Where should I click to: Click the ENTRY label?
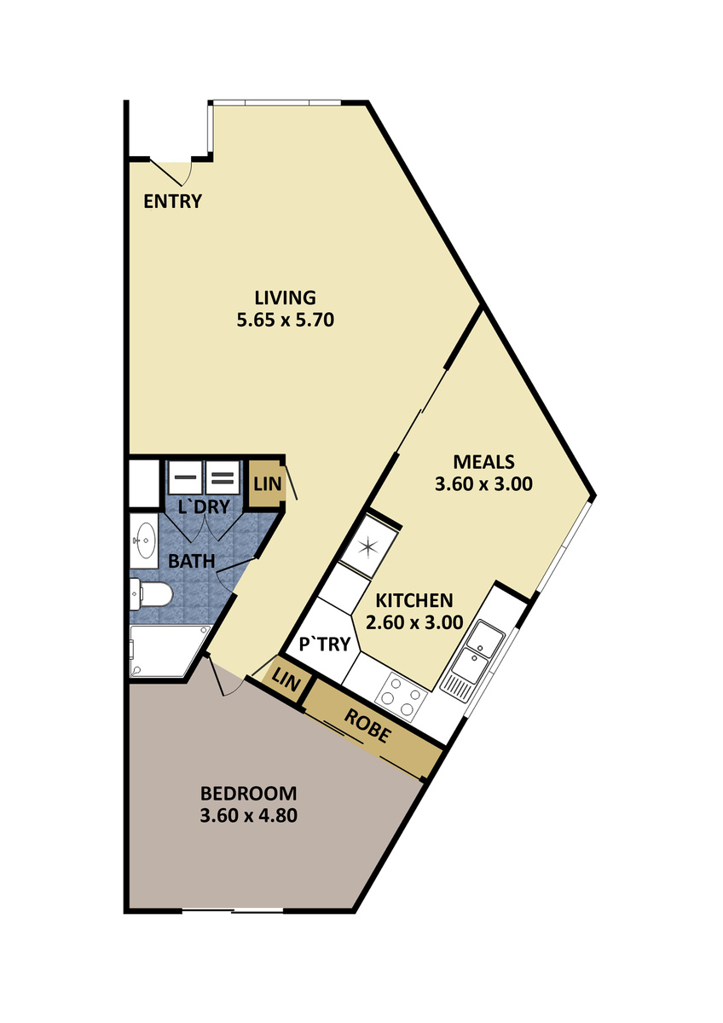pyautogui.click(x=172, y=201)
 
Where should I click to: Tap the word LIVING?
pyautogui.click(x=285, y=298)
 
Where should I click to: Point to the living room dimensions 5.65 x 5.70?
pyautogui.click(x=285, y=320)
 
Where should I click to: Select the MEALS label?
pyautogui.click(x=483, y=462)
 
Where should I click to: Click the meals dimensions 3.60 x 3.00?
pyautogui.click(x=483, y=484)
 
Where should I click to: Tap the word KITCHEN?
pyautogui.click(x=414, y=600)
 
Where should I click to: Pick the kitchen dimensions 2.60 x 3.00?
pyautogui.click(x=414, y=622)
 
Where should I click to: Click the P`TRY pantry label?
pyautogui.click(x=325, y=644)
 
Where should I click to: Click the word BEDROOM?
pyautogui.click(x=248, y=794)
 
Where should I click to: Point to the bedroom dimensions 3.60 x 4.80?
pyautogui.click(x=248, y=816)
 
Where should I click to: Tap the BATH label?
pyautogui.click(x=191, y=561)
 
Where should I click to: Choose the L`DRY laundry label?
pyautogui.click(x=204, y=507)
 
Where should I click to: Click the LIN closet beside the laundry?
pyautogui.click(x=268, y=484)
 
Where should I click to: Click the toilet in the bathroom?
pyautogui.click(x=151, y=593)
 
